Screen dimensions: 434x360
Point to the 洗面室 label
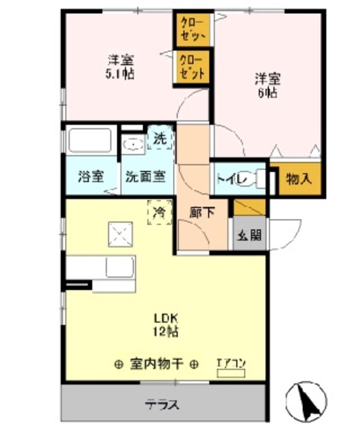(144, 178)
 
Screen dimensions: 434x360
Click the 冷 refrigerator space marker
(159, 213)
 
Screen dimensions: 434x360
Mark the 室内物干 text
(156, 363)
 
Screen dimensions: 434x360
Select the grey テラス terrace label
(162, 405)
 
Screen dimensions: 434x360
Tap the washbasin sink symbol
(134, 144)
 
